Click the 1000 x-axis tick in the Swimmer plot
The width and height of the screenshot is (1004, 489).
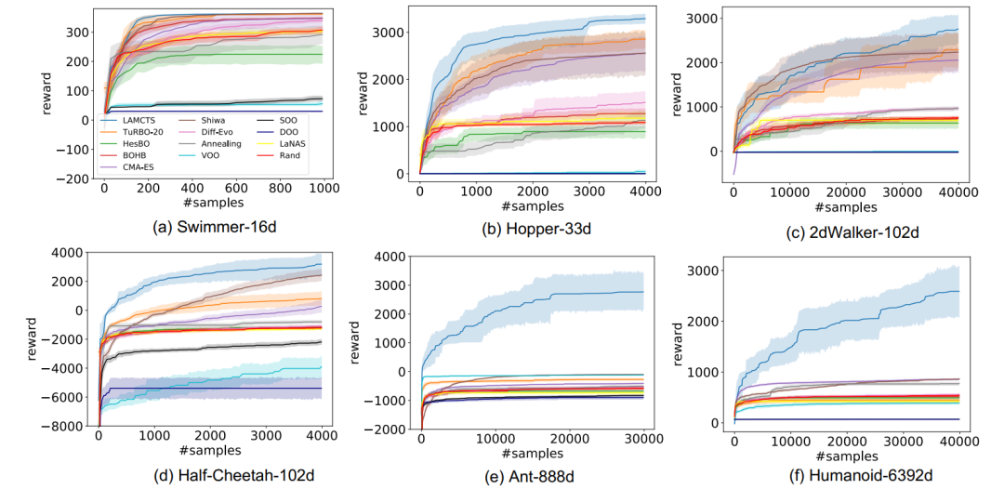click(x=321, y=187)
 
